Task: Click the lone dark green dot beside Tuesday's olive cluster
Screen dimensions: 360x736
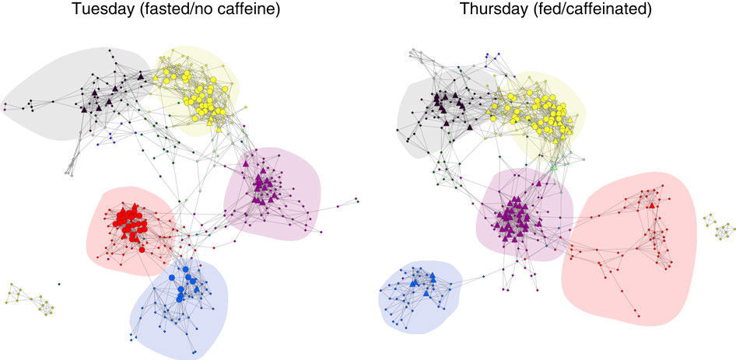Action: [x=60, y=283]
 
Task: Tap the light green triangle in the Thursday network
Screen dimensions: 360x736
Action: [x=554, y=167]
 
